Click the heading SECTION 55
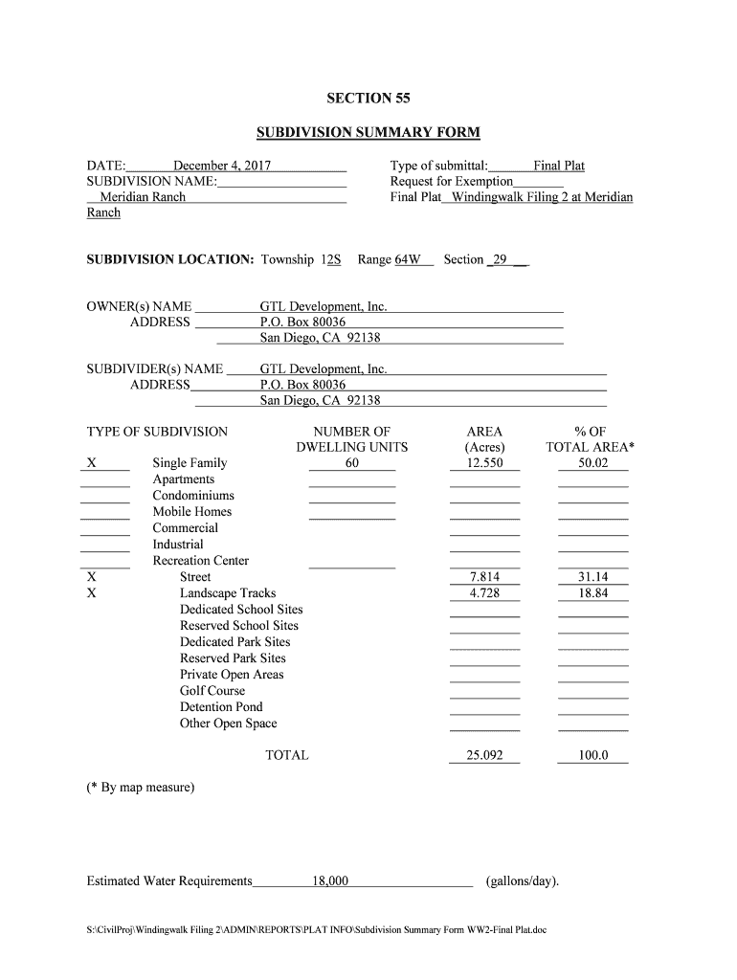click(368, 98)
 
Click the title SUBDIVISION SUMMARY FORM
click(368, 132)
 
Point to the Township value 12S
click(331, 259)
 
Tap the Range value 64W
click(408, 259)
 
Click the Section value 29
click(500, 259)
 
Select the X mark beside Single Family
click(91, 463)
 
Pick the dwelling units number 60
click(352, 463)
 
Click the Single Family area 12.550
click(484, 463)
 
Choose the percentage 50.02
click(592, 463)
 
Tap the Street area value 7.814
click(484, 577)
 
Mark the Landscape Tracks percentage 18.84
click(592, 593)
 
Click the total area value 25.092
click(484, 755)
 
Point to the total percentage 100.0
click(592, 755)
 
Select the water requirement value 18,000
click(330, 880)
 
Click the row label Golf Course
click(212, 691)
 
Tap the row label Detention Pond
click(221, 707)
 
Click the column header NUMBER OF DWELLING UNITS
click(352, 439)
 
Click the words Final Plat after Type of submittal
click(559, 166)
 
